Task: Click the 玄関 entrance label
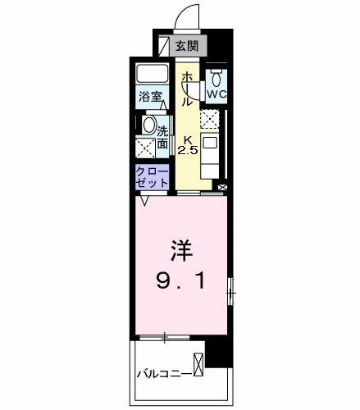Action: [x=189, y=46]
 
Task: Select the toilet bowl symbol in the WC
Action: [x=216, y=77]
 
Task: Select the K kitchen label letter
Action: [x=188, y=139]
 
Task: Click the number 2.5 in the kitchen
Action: [x=189, y=150]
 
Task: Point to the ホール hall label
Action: [x=187, y=89]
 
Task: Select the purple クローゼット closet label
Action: [x=153, y=177]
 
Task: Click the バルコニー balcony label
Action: [x=164, y=374]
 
